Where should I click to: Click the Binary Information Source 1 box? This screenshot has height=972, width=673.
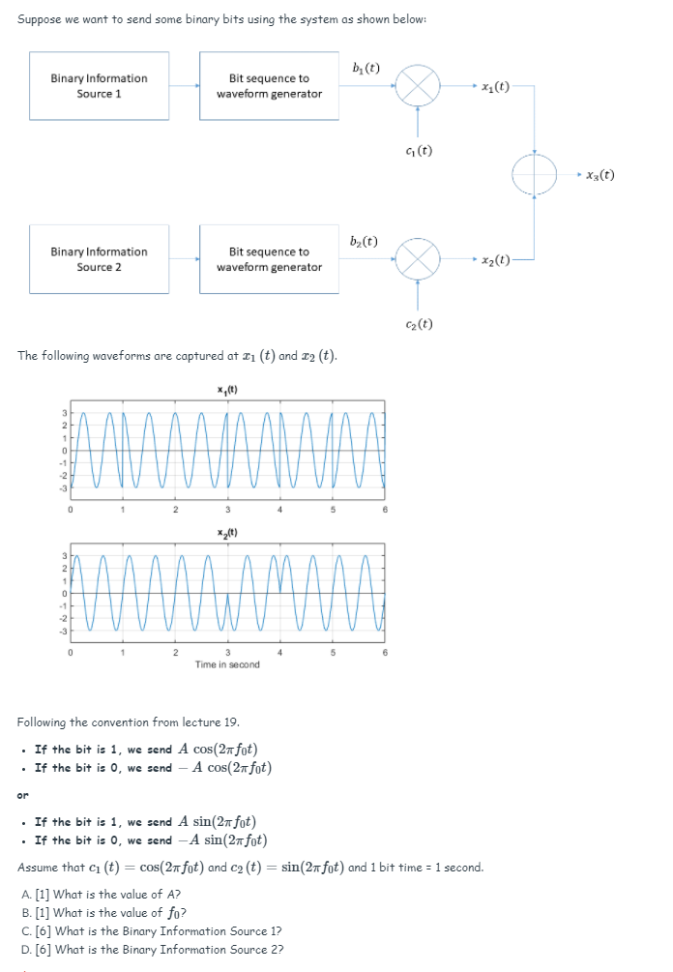click(x=99, y=86)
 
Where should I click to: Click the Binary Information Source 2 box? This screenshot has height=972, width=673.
click(x=99, y=259)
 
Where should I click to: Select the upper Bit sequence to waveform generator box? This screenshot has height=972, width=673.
click(x=269, y=86)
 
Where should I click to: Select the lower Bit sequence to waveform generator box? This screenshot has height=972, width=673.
click(x=269, y=259)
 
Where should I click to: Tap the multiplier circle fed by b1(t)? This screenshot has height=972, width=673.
click(x=419, y=87)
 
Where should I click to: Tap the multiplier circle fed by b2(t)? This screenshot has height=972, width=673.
click(x=419, y=260)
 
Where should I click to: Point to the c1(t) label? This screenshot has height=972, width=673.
click(x=419, y=151)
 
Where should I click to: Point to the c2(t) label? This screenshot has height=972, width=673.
click(x=419, y=324)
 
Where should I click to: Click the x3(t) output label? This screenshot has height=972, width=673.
click(x=598, y=175)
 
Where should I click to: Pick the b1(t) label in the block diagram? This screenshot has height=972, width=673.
click(x=366, y=69)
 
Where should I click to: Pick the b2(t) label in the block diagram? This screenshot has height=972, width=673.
click(x=365, y=242)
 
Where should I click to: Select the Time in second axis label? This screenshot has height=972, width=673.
click(x=226, y=664)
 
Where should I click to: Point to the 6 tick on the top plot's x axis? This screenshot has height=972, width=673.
click(x=385, y=510)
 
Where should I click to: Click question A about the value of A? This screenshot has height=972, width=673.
click(x=101, y=895)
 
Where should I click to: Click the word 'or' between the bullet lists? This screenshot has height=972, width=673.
click(x=23, y=796)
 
